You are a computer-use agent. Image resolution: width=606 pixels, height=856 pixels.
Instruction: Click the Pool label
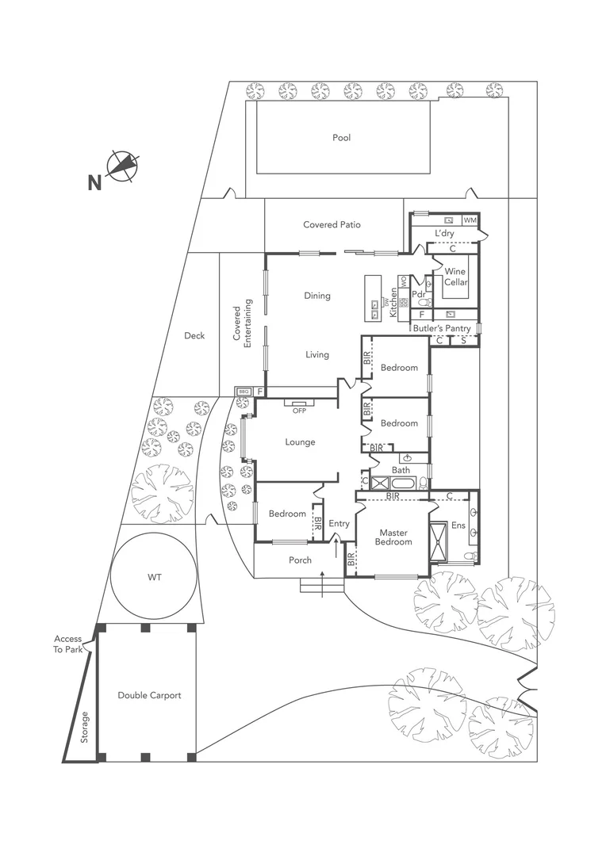[x=341, y=138]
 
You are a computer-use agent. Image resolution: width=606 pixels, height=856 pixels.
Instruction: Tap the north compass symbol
[x=123, y=166]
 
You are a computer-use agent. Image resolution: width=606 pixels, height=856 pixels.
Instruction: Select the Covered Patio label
[x=332, y=225]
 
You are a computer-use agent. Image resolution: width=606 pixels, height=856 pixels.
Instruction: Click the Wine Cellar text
[x=455, y=277]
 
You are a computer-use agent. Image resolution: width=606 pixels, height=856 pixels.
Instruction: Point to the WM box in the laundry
[x=470, y=220]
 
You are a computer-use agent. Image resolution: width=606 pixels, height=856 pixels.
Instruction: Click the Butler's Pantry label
[x=442, y=328]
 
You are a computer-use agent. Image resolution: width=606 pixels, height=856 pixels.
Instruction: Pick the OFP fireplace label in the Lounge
[x=299, y=411]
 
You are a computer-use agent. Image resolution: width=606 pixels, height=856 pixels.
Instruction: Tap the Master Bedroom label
[x=394, y=537]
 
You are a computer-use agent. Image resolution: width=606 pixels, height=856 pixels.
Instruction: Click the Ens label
[x=458, y=525]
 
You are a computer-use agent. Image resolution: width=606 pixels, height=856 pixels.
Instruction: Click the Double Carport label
[x=149, y=695]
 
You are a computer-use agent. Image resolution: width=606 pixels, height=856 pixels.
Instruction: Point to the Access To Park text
[x=68, y=644]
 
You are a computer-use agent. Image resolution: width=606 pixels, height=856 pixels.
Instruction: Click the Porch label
[x=300, y=560]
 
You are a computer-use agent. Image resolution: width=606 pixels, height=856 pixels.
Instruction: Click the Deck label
[x=194, y=336]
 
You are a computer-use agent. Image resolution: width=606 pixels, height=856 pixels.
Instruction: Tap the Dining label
[x=316, y=296]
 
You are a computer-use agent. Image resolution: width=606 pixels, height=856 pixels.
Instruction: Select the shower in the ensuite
[x=439, y=541]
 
